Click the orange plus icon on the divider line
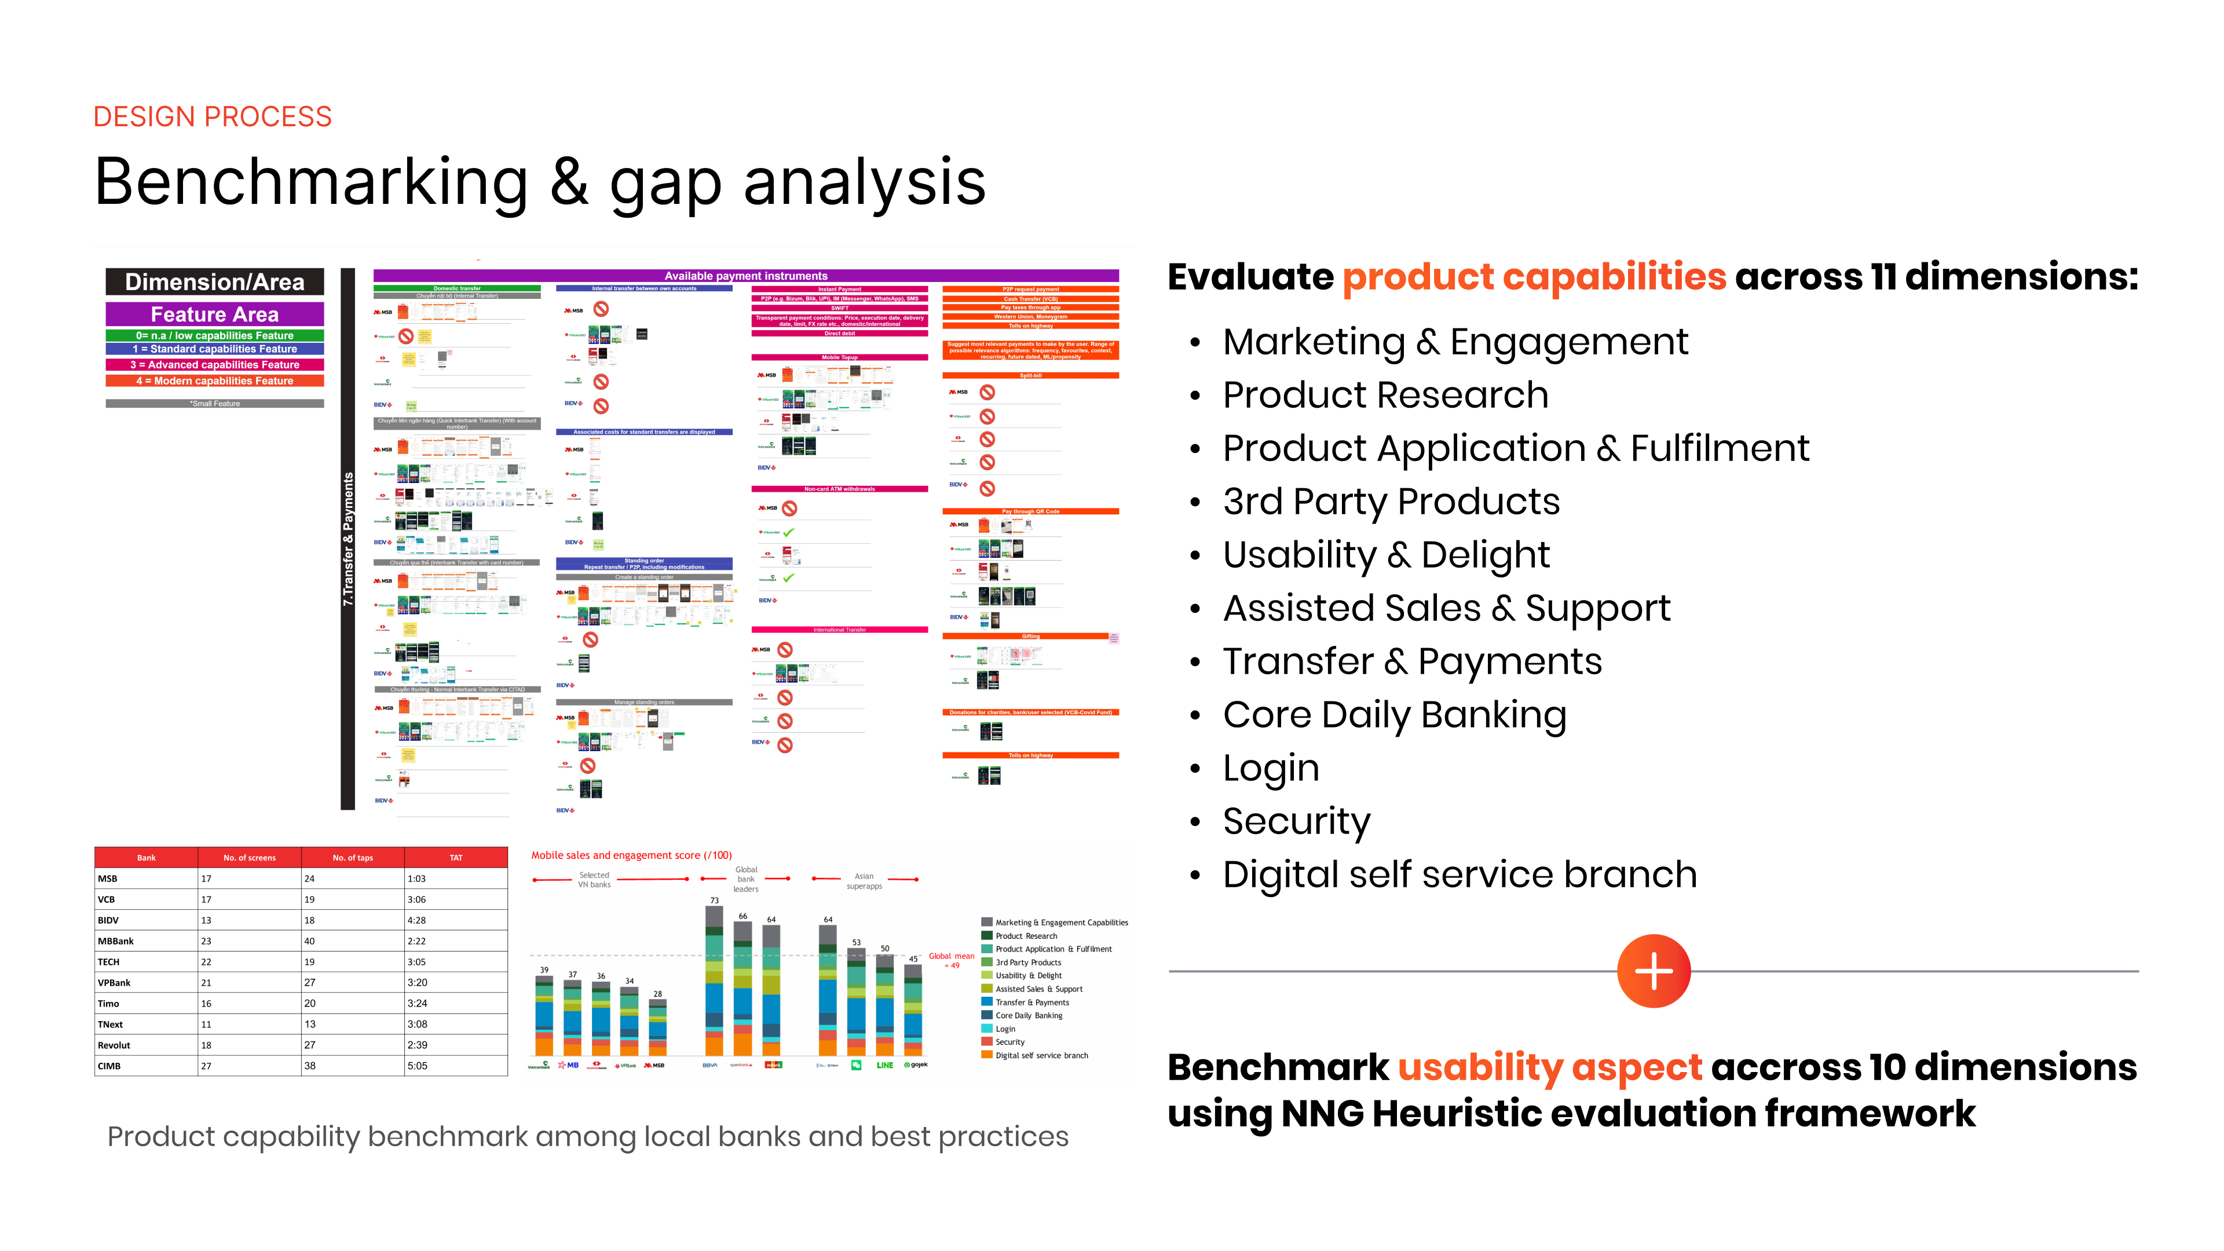click(1652, 971)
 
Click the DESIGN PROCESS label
click(213, 116)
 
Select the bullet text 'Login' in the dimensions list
click(1271, 767)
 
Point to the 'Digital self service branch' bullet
click(1459, 875)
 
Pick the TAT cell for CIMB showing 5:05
click(417, 1066)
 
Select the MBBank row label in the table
click(116, 941)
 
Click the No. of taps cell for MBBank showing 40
click(310, 941)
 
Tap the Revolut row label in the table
click(114, 1045)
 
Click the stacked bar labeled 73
click(714, 980)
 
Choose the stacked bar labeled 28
click(658, 1027)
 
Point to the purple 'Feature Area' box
click(214, 314)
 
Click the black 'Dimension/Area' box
click(214, 282)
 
